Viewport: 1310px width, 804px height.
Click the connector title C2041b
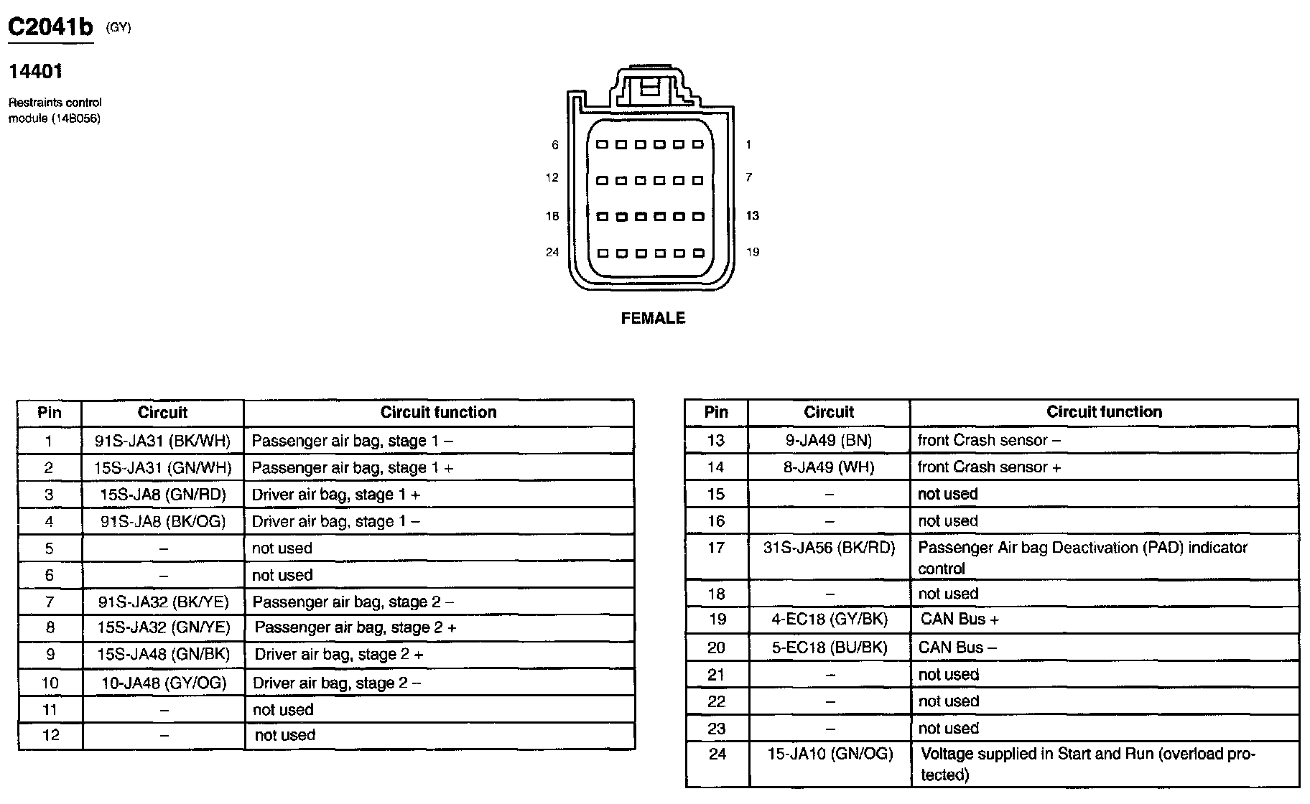[x=50, y=27]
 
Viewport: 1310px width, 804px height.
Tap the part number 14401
[x=35, y=72]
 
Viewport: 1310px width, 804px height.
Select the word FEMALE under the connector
[x=653, y=318]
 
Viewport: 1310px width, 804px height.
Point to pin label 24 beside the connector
[x=552, y=252]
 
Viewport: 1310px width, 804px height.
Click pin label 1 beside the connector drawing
[x=748, y=145]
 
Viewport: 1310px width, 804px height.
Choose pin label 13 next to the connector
[x=752, y=215]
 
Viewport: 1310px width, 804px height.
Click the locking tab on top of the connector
[x=649, y=88]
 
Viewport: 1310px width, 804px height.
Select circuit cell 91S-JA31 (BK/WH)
[x=162, y=441]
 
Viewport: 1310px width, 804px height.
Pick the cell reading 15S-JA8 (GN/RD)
[x=162, y=495]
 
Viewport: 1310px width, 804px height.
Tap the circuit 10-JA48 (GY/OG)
[x=163, y=683]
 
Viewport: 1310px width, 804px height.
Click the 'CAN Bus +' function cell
[x=960, y=620]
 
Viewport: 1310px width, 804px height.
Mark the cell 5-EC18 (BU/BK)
[x=829, y=648]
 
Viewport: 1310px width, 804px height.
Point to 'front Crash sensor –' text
[x=989, y=440]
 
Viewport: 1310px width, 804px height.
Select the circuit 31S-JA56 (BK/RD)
[x=829, y=548]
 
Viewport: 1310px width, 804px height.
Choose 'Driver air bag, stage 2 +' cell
[x=339, y=655]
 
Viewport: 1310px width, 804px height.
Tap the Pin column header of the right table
[x=716, y=412]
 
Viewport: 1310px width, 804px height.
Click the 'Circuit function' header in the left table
[x=438, y=412]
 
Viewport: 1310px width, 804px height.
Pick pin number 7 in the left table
[x=49, y=602]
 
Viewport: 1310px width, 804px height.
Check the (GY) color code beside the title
[x=119, y=29]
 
